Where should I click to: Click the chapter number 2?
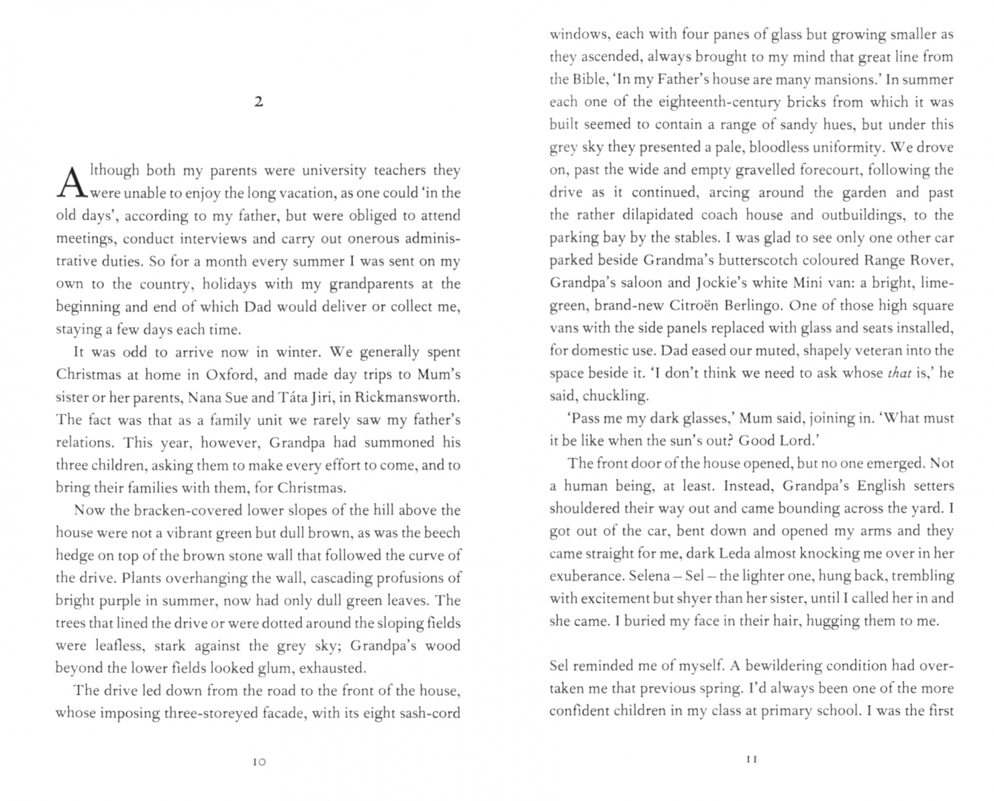click(258, 102)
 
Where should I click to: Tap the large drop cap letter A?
click(70, 182)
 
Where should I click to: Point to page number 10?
click(259, 762)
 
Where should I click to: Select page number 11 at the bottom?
click(751, 759)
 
